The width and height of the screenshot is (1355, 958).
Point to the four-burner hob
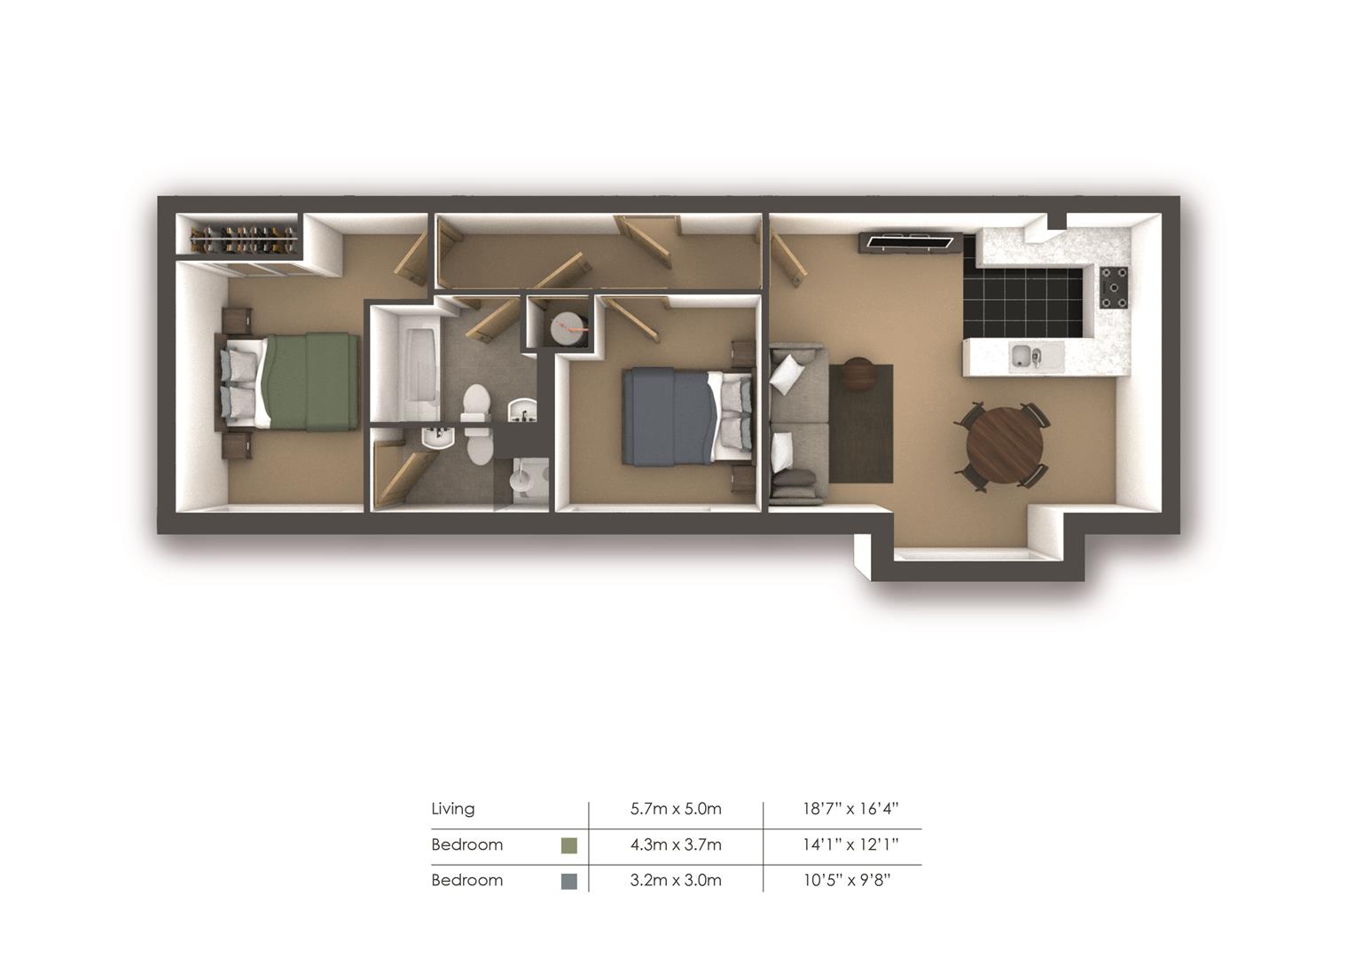(1115, 288)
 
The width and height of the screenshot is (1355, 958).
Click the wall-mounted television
(910, 242)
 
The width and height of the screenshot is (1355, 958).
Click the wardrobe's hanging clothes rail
(245, 239)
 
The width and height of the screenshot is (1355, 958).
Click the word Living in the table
(452, 808)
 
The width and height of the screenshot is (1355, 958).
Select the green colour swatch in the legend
(568, 844)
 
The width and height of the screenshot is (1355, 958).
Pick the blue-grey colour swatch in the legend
(568, 881)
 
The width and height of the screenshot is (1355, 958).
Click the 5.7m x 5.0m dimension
(676, 808)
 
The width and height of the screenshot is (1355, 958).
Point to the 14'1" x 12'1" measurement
(850, 844)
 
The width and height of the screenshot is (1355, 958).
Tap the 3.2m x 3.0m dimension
(676, 880)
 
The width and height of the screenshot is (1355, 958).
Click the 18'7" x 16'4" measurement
(850, 808)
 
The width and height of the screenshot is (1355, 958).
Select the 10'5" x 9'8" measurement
(847, 880)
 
